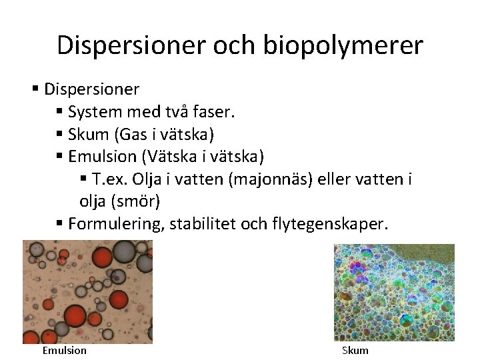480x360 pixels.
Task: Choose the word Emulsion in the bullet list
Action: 101,157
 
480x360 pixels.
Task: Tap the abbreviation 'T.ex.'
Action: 110,179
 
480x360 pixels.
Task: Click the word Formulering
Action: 116,224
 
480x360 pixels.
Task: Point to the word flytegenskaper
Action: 330,224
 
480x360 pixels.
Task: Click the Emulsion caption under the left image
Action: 65,351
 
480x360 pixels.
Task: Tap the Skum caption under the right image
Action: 355,351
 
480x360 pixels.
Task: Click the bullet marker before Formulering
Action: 60,224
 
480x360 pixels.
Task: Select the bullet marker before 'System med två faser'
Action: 60,112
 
